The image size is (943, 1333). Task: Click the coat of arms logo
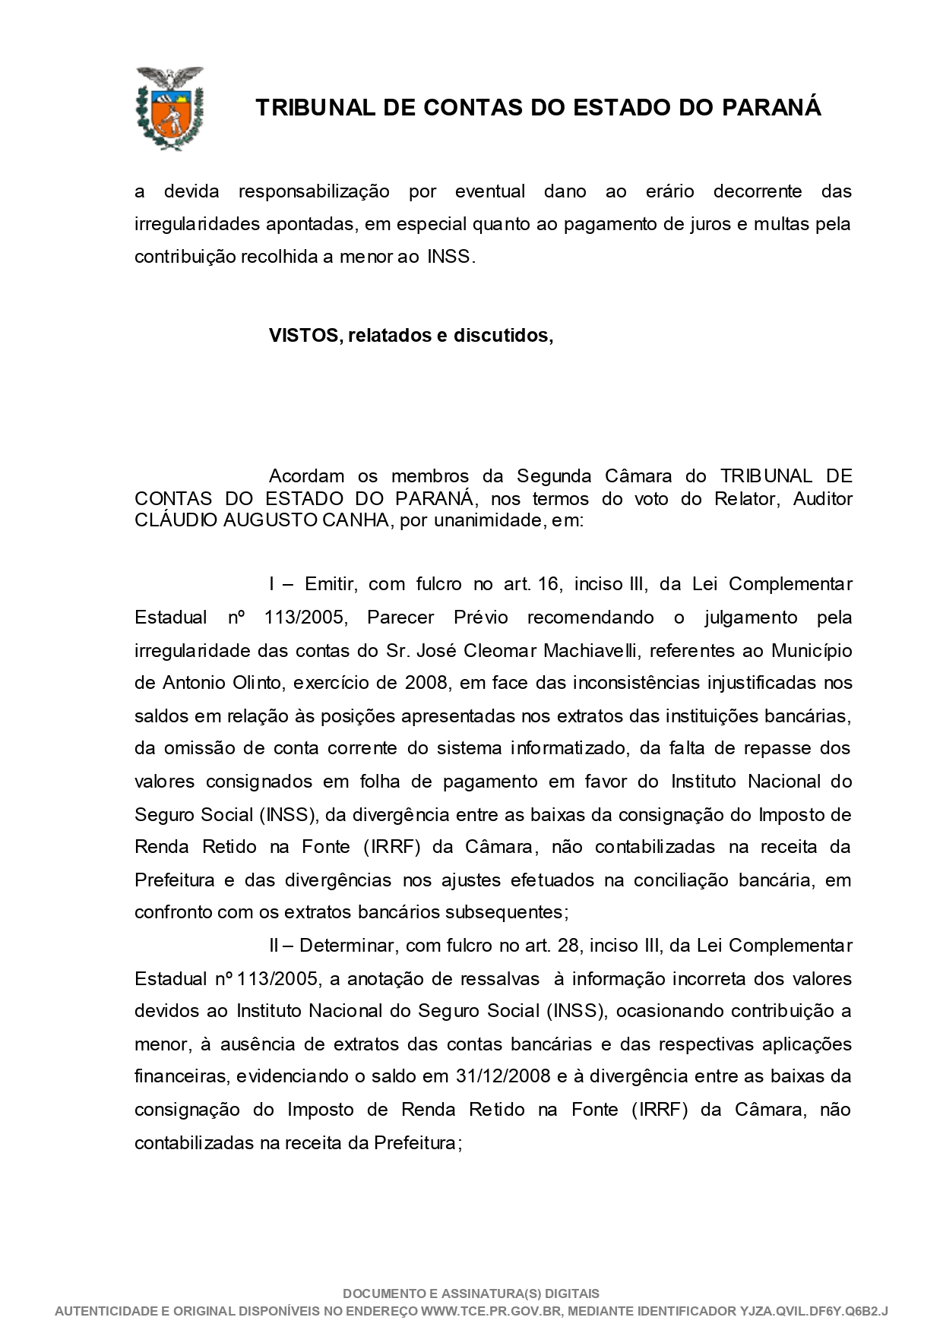(169, 107)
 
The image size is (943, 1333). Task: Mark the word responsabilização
(313, 191)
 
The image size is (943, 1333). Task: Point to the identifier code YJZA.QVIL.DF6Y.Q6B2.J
(813, 1311)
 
